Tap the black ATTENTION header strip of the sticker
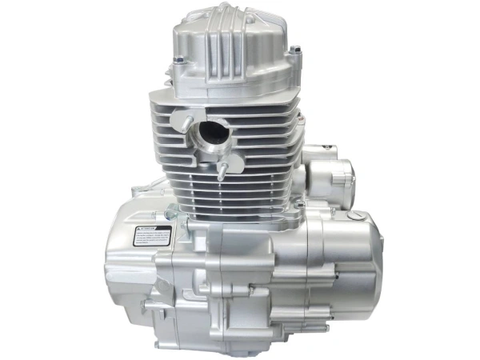pyautogui.click(x=153, y=229)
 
